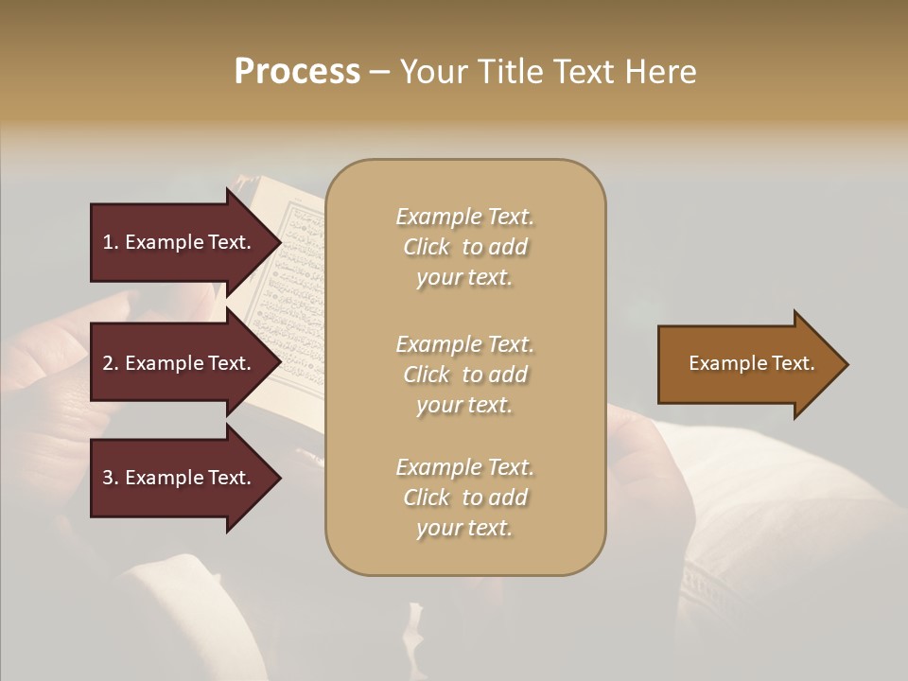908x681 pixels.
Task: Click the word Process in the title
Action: (297, 72)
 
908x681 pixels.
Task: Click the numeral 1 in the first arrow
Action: (108, 242)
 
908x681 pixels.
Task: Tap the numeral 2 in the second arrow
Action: (108, 363)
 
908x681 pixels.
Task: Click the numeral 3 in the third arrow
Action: (108, 478)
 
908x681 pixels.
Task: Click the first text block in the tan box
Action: (464, 247)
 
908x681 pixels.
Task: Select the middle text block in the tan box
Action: (464, 375)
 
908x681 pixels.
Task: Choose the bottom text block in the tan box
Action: (464, 498)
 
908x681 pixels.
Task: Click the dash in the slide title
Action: (379, 72)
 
